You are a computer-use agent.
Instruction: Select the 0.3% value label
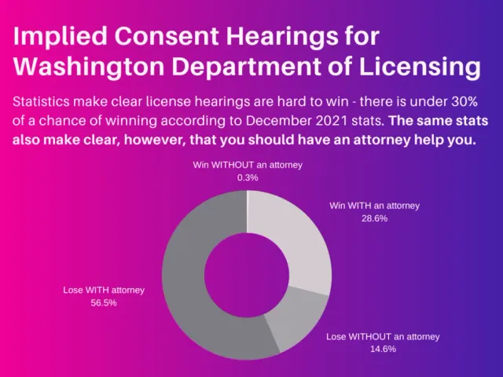pos(247,178)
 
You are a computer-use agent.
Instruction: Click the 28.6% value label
pos(374,218)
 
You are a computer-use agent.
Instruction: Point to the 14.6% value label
pos(382,349)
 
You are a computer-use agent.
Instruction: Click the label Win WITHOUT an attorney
pos(248,165)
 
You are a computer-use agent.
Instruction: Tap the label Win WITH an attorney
pos(374,206)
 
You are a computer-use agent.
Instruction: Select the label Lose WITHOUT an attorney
pos(383,336)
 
